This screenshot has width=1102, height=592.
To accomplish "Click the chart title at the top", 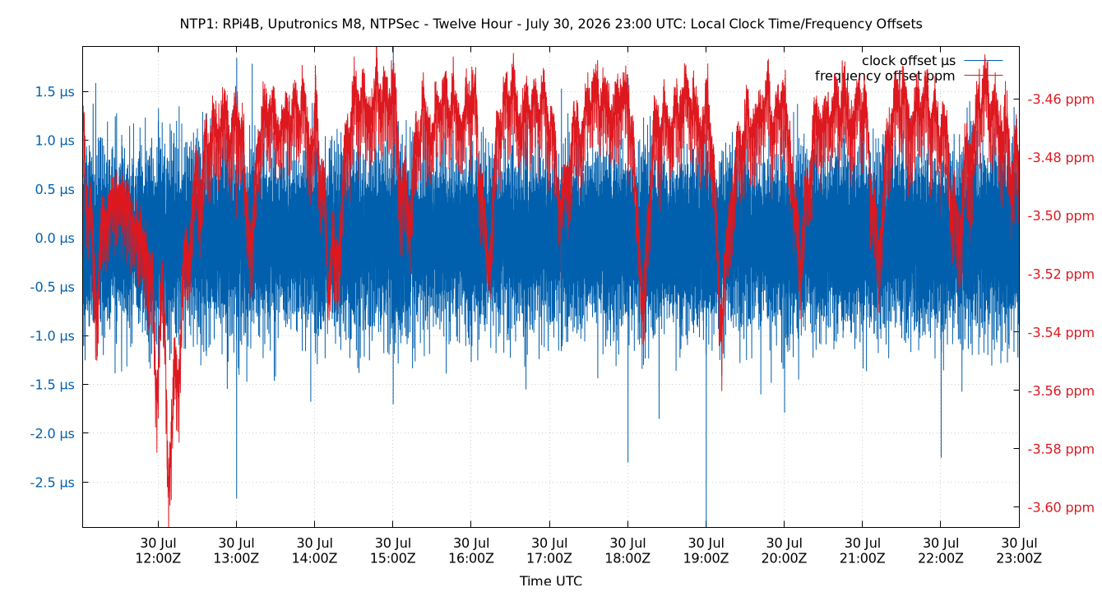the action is point(550,24).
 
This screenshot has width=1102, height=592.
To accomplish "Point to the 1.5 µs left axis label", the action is point(54,92).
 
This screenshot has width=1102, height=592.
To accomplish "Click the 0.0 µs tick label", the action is point(54,238).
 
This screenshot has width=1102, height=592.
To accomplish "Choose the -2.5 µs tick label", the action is point(52,483).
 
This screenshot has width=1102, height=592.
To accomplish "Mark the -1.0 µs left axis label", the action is point(52,335).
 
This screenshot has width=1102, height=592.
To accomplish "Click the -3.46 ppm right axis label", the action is point(1061,99).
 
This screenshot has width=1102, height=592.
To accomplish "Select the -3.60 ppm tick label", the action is point(1061,507).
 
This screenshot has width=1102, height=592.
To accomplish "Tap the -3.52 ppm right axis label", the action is point(1061,274).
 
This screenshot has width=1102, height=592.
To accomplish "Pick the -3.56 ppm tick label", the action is point(1061,391).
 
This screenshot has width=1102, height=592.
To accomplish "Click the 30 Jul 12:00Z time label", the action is point(158,551).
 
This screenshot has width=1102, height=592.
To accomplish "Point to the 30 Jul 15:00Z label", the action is point(392,551).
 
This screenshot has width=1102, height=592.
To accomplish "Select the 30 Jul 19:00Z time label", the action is point(706,551).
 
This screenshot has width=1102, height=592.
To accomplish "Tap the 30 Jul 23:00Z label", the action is point(1019,551).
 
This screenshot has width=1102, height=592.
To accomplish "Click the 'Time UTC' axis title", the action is point(550,580).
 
